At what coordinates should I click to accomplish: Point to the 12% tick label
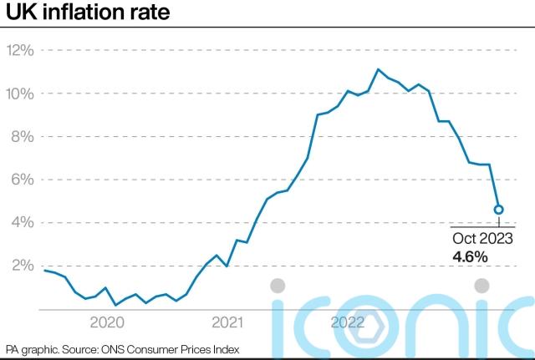20,50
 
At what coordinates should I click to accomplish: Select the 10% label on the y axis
20,93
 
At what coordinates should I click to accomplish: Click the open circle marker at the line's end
498,210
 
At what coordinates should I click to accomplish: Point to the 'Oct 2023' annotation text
483,240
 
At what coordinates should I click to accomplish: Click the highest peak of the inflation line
378,69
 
